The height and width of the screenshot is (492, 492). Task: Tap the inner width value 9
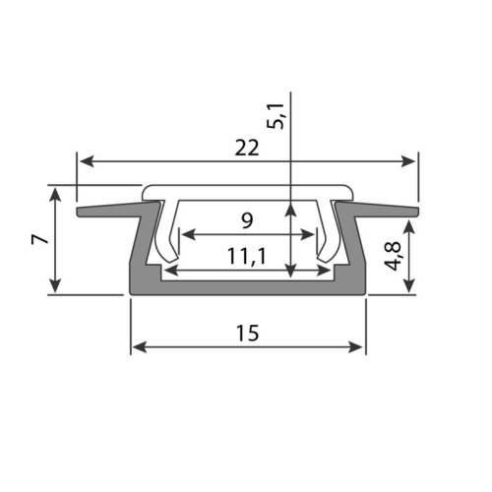pyautogui.click(x=247, y=218)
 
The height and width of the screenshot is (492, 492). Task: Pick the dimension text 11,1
pyautogui.click(x=247, y=256)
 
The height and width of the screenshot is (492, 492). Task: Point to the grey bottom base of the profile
pyautogui.click(x=247, y=286)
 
